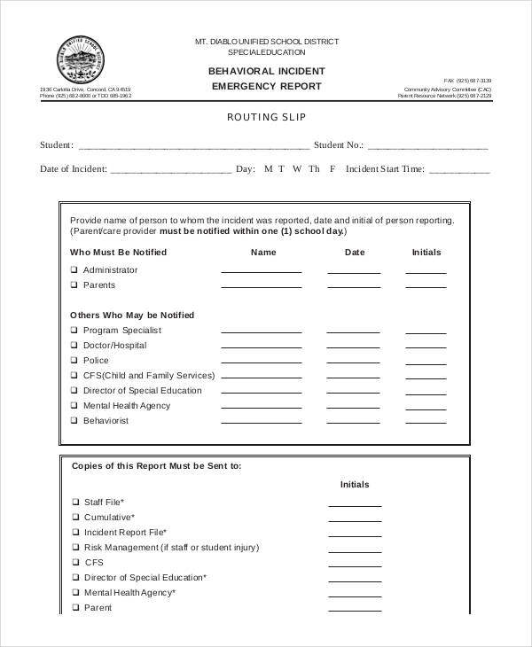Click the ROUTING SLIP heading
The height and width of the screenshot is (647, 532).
[266, 117]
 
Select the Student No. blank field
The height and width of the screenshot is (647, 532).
[427, 147]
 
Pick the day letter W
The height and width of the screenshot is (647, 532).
[297, 168]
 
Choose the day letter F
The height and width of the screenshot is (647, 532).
[332, 168]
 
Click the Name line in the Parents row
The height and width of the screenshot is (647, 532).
[260, 287]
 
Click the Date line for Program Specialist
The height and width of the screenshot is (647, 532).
[354, 332]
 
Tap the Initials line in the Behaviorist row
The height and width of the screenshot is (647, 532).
[426, 423]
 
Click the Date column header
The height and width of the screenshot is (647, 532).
[354, 253]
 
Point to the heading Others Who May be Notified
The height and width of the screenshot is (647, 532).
[132, 316]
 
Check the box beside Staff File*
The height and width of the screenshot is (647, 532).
[74, 503]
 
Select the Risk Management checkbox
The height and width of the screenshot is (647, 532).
[74, 548]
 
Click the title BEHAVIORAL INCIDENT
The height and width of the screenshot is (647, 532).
[266, 71]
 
